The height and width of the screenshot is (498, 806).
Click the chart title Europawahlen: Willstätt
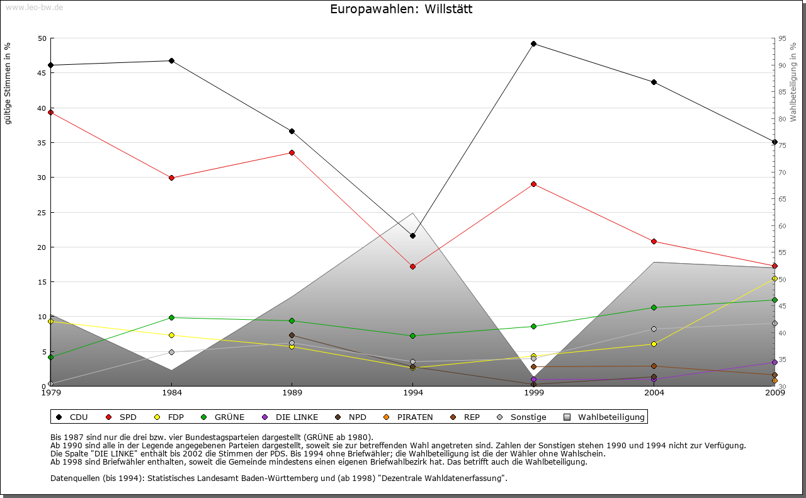tap(401, 9)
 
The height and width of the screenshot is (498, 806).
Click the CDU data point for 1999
tap(533, 43)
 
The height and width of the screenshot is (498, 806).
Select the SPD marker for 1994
tap(412, 266)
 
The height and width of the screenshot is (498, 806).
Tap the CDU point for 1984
tap(171, 60)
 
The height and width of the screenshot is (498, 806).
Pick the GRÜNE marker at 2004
tap(654, 307)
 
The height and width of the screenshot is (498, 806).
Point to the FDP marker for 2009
tap(775, 278)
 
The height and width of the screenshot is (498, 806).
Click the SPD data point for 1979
tap(51, 112)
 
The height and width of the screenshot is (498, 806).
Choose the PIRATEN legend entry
tap(409, 417)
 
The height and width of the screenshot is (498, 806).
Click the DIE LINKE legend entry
tap(291, 417)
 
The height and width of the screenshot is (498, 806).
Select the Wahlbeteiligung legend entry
tap(604, 417)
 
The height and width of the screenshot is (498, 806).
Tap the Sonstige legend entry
tap(522, 417)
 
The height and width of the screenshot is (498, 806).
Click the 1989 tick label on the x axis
tap(292, 393)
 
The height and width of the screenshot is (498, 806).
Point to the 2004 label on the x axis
tap(654, 393)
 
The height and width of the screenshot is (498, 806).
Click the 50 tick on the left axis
tap(42, 38)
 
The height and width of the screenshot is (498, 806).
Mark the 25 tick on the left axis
tap(42, 212)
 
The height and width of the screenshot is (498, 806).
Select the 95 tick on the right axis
tap(782, 38)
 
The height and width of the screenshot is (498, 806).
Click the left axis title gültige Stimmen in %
tap(8, 83)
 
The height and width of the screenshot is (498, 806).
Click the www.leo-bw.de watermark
tap(33, 7)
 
